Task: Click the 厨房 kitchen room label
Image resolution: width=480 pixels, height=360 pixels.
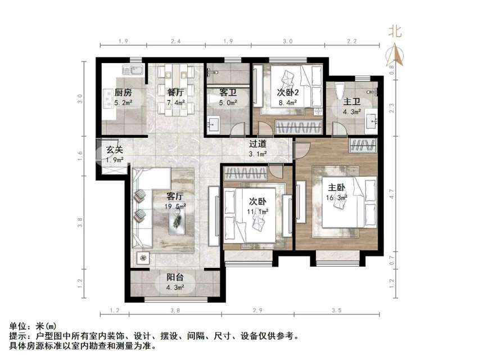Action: point(123,92)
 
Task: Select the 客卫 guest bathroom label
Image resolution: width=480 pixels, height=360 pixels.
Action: point(220,92)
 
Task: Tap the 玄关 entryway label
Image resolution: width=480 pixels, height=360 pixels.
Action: point(115,150)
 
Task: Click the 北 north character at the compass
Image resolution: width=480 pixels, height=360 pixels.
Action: point(396,31)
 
